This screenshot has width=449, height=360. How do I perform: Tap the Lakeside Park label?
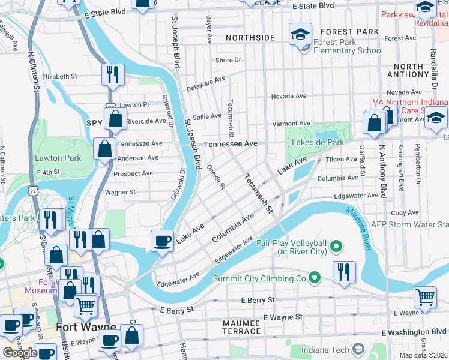tap(318, 143)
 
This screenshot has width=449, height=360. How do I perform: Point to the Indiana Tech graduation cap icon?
tap(358, 349)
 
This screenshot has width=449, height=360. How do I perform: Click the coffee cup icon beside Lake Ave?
tap(162, 241)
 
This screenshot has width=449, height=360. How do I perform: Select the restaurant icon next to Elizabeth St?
tap(113, 75)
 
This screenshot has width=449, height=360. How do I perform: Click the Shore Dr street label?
tap(228, 60)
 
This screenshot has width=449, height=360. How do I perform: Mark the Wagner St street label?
tap(121, 193)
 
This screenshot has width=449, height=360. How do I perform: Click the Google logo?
tap(20, 353)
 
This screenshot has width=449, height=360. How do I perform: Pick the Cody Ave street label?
tap(405, 213)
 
